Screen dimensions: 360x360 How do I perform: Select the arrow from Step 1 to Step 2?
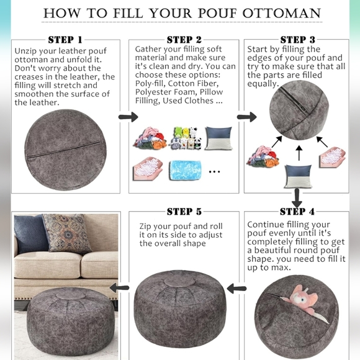(x=128, y=117)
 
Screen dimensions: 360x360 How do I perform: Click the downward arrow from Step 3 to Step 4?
(x=297, y=197)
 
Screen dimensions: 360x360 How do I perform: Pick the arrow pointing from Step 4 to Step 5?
(x=236, y=288)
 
